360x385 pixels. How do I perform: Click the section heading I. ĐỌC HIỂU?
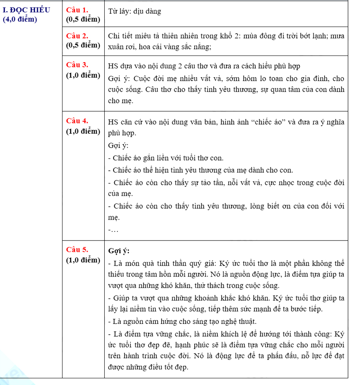tap(26, 10)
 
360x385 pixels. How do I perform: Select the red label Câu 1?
tap(77, 10)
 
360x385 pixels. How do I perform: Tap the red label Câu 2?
tap(77, 36)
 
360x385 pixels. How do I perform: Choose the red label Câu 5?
tap(77, 250)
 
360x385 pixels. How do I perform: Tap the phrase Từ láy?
tap(119, 11)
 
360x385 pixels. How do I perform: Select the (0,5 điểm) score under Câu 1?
tap(83, 19)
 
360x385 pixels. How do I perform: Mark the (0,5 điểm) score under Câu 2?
tap(83, 45)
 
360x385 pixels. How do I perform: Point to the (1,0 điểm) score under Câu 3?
tap(83, 75)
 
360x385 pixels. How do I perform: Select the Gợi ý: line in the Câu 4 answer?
tap(118, 146)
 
